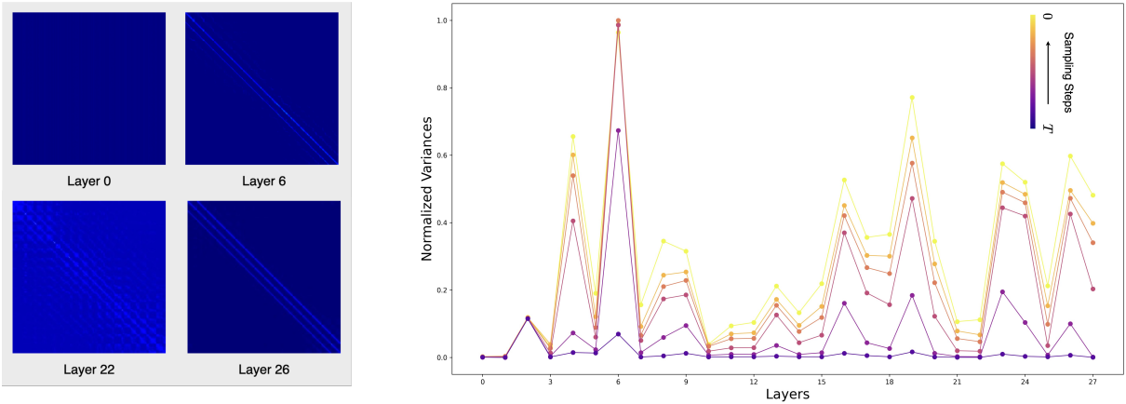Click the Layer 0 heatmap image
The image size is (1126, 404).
coord(88,88)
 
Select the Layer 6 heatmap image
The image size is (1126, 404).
coord(262,88)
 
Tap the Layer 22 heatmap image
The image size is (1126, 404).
coord(88,276)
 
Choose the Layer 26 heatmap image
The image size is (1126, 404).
coord(262,276)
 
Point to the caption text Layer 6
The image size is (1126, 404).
coord(262,181)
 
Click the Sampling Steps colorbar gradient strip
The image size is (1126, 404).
coord(1033,70)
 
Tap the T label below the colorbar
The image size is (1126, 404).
coord(1049,127)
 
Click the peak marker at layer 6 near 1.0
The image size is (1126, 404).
coord(618,20)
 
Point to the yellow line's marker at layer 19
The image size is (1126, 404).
coord(912,98)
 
